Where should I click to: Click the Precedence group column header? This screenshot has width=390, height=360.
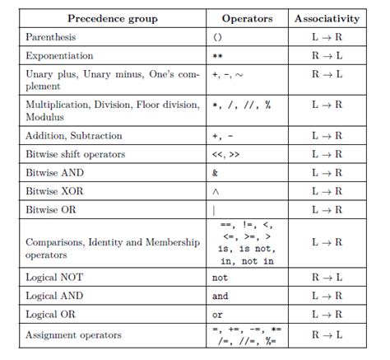click(113, 18)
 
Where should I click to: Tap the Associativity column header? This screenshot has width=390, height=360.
click(327, 18)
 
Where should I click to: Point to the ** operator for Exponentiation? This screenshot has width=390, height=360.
click(217, 57)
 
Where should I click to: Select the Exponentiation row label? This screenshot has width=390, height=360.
click(61, 57)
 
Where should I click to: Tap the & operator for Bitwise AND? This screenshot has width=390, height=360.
click(215, 174)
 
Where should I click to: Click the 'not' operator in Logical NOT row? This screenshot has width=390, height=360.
click(220, 278)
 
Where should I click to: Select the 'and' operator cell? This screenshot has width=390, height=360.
click(220, 296)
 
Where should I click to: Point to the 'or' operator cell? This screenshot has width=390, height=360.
click(217, 315)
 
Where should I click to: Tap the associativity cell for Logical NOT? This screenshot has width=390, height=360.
click(327, 278)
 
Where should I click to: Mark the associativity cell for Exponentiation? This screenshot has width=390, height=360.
click(327, 57)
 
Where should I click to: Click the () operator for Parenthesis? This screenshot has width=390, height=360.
click(217, 38)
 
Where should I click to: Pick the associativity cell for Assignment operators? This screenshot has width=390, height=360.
click(327, 335)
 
